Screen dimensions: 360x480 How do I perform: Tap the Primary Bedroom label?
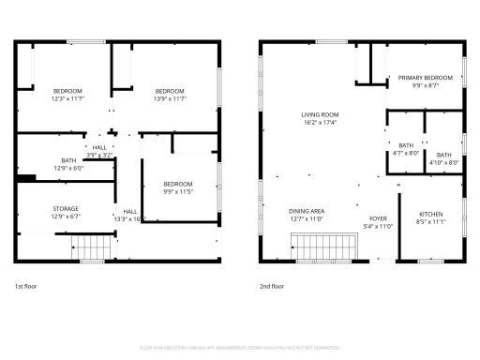pyautogui.click(x=425, y=78)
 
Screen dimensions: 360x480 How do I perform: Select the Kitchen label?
pyautogui.click(x=430, y=215)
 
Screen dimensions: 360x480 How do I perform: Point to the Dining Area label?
pyautogui.click(x=306, y=211)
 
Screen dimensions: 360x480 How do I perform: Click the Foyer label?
pyautogui.click(x=377, y=218)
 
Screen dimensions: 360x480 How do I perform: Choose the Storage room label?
pyautogui.click(x=65, y=209)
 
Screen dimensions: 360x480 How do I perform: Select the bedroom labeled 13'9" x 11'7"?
pyautogui.click(x=169, y=91)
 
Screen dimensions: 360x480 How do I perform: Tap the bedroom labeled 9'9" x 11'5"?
pyautogui.click(x=177, y=184)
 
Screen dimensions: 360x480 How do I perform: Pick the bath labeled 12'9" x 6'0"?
pyautogui.click(x=68, y=160)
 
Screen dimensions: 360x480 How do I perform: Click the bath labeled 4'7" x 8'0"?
pyautogui.click(x=406, y=145)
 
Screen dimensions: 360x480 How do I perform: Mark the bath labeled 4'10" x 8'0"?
pyautogui.click(x=443, y=155)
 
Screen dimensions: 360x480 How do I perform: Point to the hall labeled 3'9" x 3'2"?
pyautogui.click(x=99, y=148)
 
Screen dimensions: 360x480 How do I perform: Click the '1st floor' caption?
pyautogui.click(x=26, y=285)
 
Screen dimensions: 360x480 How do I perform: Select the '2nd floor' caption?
pyautogui.click(x=271, y=285)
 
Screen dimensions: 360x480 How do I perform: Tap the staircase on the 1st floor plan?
pyautogui.click(x=91, y=248)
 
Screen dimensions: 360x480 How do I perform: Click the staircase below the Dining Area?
pyautogui.click(x=327, y=246)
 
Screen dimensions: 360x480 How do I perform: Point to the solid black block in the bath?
pyautogui.click(x=26, y=178)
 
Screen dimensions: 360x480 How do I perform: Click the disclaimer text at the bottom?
pyautogui.click(x=239, y=347)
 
